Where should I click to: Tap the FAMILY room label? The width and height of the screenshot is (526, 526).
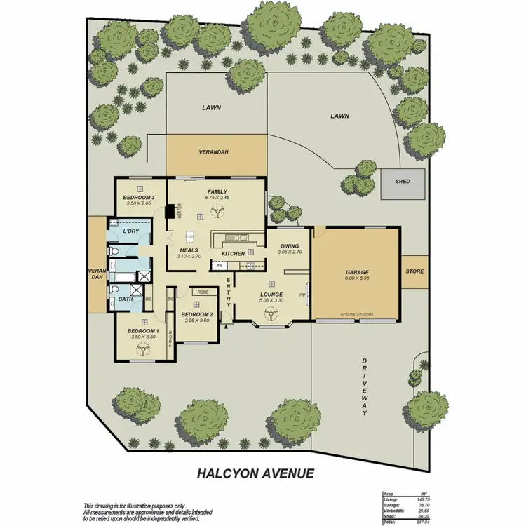pyautogui.click(x=217, y=191)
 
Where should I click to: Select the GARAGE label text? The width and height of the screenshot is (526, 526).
pyautogui.click(x=356, y=272)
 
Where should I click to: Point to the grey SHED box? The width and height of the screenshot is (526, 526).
pyautogui.click(x=403, y=182)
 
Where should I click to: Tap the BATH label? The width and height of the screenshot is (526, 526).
pyautogui.click(x=125, y=299)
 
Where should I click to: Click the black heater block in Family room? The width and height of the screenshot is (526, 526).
pyautogui.click(x=169, y=212)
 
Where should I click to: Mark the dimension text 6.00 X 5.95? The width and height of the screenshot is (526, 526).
pyautogui.click(x=356, y=278)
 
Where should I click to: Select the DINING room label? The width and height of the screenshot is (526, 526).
pyautogui.click(x=290, y=245)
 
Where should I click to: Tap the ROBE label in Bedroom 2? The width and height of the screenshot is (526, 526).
pyautogui.click(x=203, y=292)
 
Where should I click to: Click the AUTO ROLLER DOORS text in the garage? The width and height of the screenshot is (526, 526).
pyautogui.click(x=356, y=315)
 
